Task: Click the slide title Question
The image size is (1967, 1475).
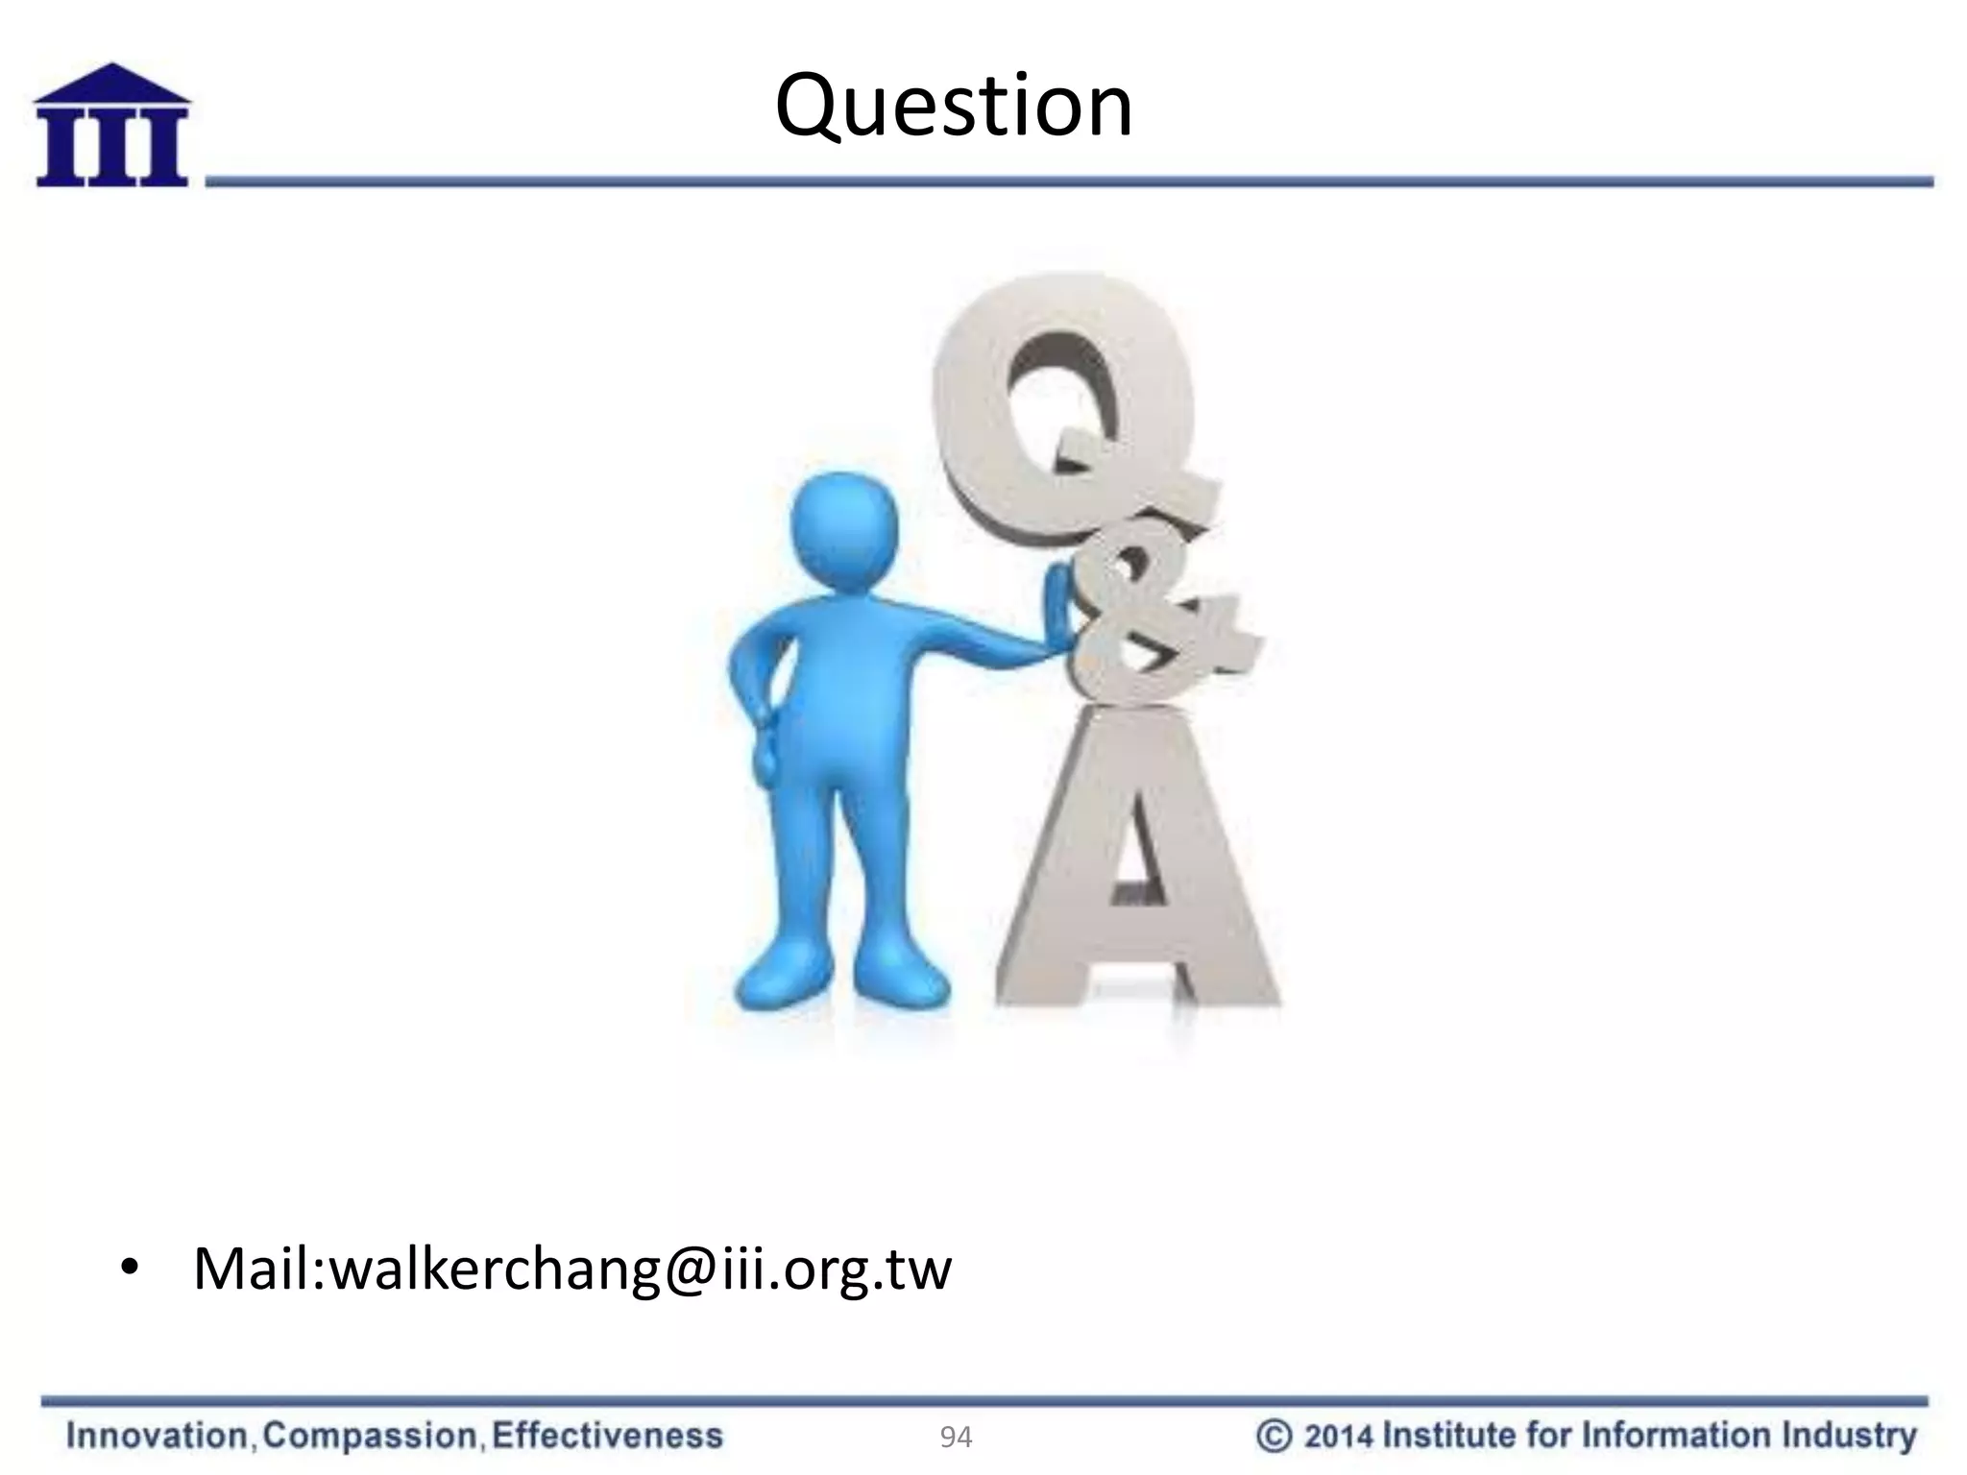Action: click(x=953, y=107)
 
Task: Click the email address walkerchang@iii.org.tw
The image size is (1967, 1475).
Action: click(x=640, y=1269)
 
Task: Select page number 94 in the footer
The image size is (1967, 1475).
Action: click(x=956, y=1438)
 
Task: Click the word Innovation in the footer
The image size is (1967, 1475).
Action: click(x=158, y=1437)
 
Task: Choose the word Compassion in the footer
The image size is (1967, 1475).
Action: click(x=370, y=1437)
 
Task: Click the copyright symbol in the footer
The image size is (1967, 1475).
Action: click(x=1274, y=1437)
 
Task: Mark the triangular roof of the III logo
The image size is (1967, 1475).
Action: click(x=112, y=83)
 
